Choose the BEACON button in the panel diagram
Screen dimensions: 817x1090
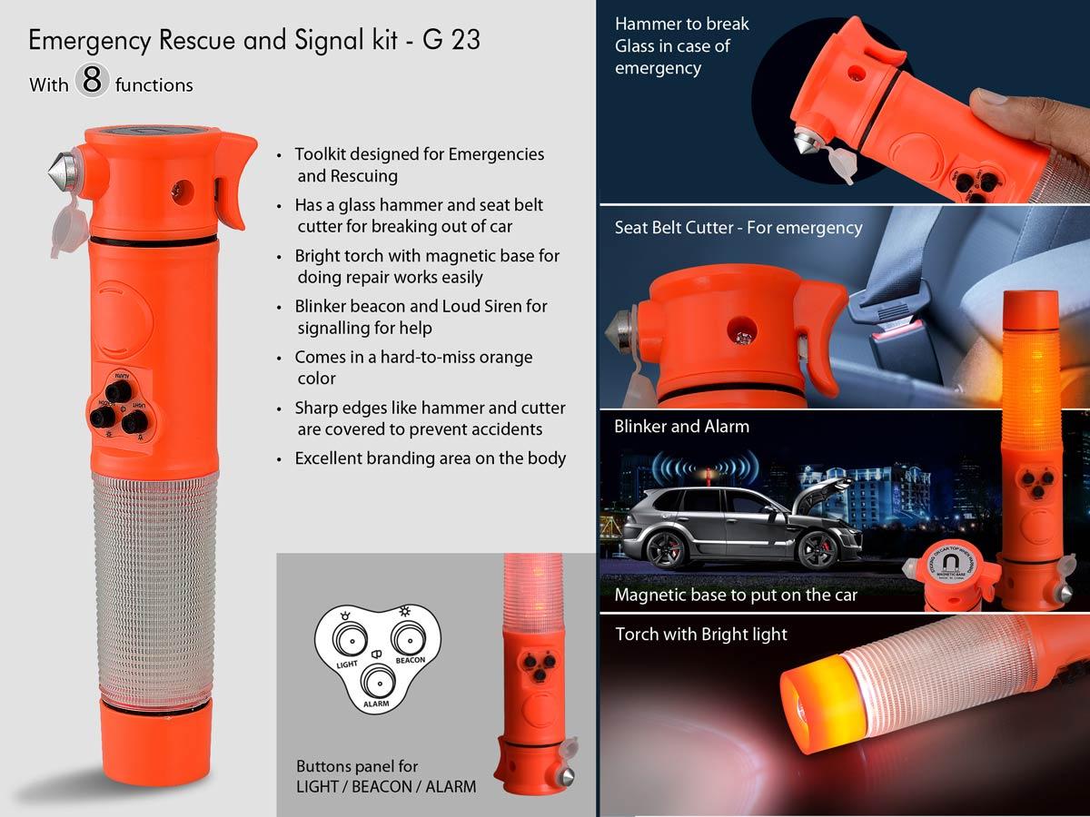pyautogui.click(x=409, y=635)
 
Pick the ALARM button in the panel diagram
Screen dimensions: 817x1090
pyautogui.click(x=376, y=680)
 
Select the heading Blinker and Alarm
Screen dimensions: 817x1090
pyautogui.click(x=681, y=426)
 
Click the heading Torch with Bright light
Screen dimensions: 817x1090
pyautogui.click(x=700, y=634)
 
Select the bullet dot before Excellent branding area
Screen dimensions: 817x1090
pyautogui.click(x=281, y=459)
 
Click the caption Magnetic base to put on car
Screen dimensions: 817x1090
pyautogui.click(x=736, y=596)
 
